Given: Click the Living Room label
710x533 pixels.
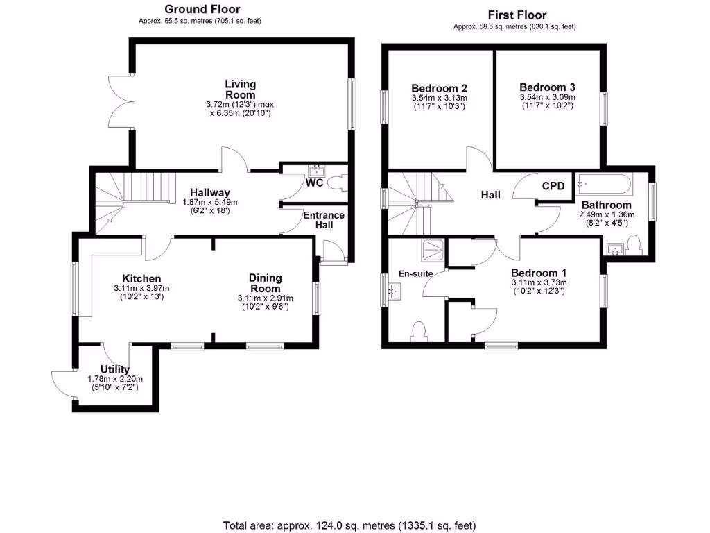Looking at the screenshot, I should [240, 90].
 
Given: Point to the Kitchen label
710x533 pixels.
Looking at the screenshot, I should [141, 278].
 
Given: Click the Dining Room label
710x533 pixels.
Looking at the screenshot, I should [265, 283].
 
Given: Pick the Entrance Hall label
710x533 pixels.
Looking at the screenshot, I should [324, 220].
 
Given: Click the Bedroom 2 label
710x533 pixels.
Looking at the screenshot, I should [439, 88].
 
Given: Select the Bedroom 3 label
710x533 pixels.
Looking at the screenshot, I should [547, 87].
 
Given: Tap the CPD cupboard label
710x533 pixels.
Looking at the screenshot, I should [553, 186].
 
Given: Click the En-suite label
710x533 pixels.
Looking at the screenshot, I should [415, 273].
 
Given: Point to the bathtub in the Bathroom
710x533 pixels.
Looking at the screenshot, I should [605, 185].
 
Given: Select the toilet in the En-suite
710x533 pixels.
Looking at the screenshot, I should [419, 329].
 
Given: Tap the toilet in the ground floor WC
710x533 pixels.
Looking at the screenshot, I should [338, 183].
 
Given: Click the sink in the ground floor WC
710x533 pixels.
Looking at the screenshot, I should [318, 169].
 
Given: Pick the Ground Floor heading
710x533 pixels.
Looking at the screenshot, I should [202, 9].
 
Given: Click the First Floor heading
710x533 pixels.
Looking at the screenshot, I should [517, 15].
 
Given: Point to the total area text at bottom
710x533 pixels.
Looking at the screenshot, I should [349, 525].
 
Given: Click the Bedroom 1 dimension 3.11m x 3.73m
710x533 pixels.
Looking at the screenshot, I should [539, 282].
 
